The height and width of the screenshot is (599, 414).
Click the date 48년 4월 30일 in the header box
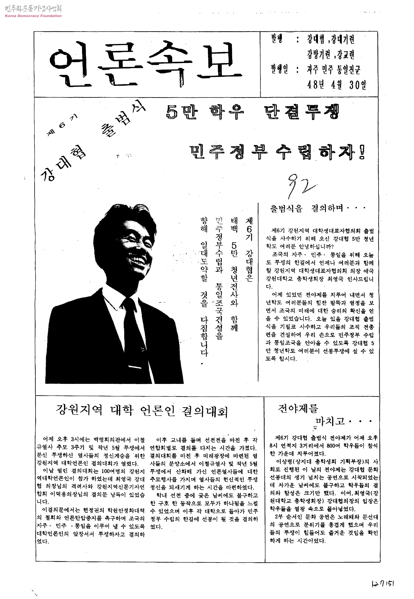point(336,85)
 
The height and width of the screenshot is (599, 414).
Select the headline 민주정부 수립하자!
point(277,152)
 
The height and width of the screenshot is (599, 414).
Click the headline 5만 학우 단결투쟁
point(252,112)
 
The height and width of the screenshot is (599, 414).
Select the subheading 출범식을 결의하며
point(317,208)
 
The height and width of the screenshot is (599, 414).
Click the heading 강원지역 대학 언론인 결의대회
point(142,411)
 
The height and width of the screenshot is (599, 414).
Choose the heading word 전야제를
point(298,408)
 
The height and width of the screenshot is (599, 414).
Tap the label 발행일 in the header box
point(279,69)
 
